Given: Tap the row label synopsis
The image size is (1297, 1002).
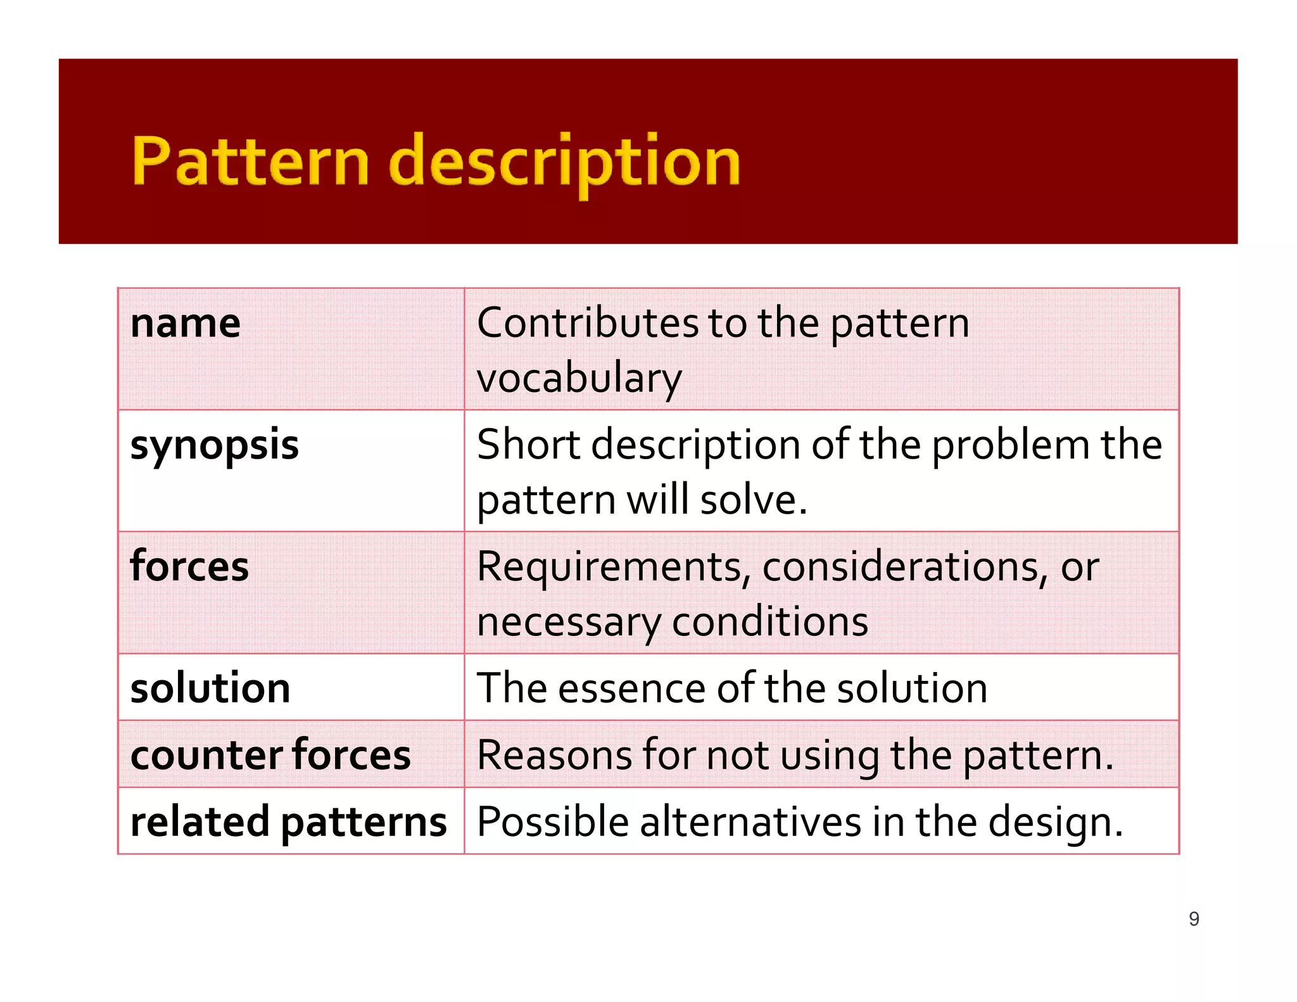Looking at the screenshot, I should click(x=214, y=445).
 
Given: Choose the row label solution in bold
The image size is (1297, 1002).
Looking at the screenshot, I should click(x=210, y=688).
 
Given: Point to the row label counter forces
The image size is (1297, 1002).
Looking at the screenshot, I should click(x=270, y=755).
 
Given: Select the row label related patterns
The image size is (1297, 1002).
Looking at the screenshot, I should click(x=288, y=822).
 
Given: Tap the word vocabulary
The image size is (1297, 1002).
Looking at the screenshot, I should click(x=579, y=378).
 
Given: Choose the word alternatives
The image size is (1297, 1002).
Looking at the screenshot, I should click(x=750, y=822).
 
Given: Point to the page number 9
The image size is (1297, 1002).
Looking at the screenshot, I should click(x=1194, y=919).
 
